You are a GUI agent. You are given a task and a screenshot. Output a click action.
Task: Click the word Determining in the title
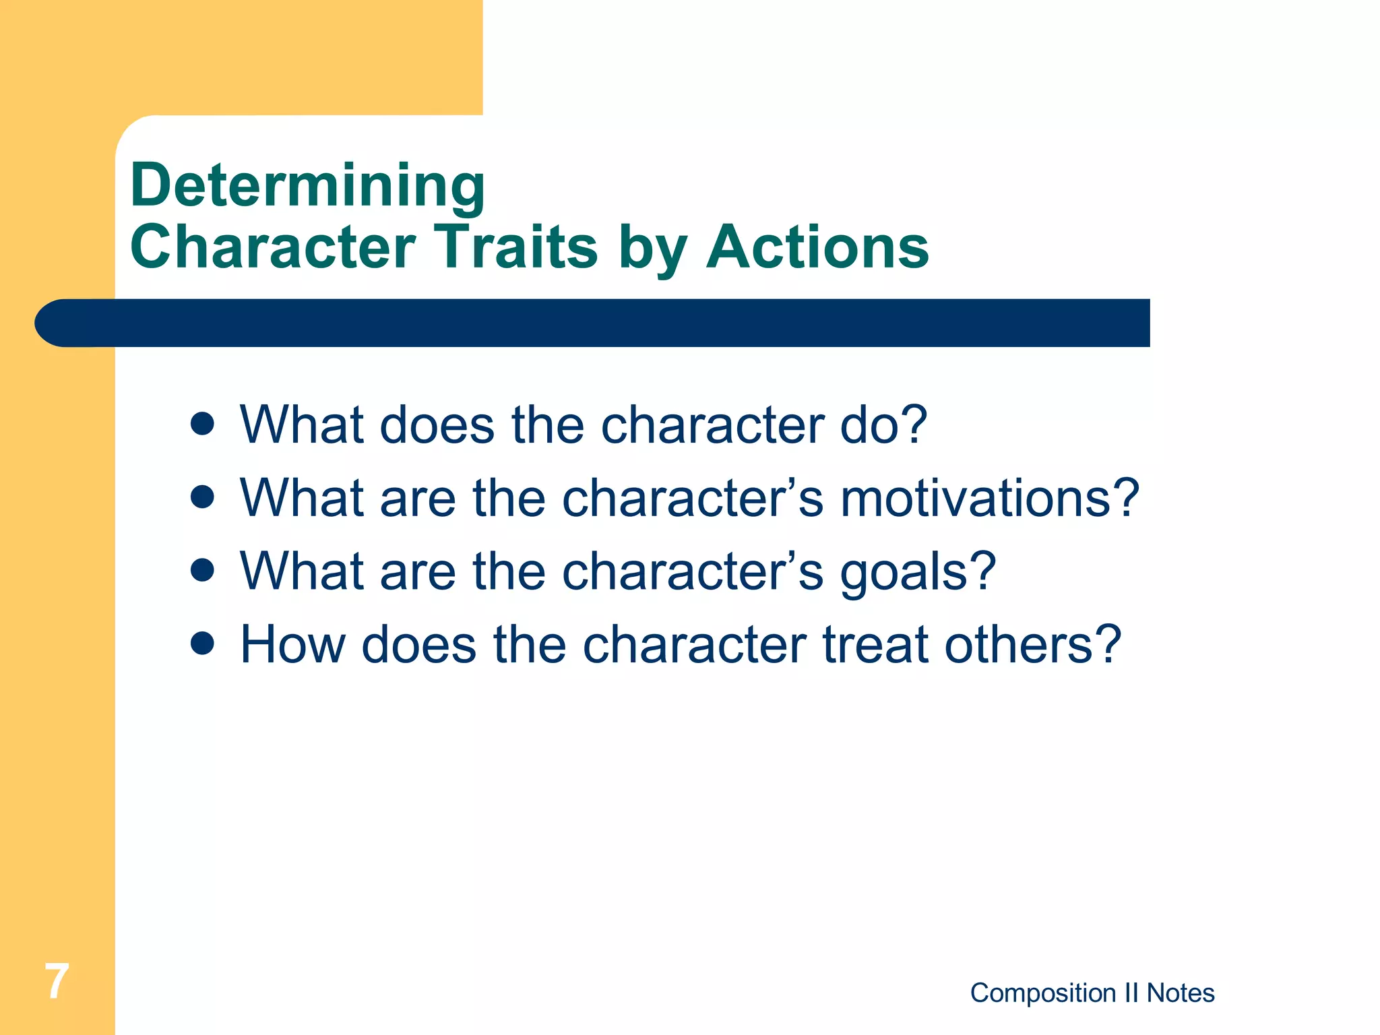tap(307, 185)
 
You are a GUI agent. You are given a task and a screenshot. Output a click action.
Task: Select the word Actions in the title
tap(817, 247)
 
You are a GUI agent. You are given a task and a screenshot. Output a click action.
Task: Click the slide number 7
tap(57, 981)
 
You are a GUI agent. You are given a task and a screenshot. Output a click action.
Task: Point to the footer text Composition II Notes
tap(1092, 993)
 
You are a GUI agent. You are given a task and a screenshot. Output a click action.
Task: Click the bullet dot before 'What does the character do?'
tap(202, 425)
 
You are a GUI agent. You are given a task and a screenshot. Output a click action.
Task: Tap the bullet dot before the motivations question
tap(202, 498)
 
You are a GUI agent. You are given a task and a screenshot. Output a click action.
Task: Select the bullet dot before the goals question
tap(202, 571)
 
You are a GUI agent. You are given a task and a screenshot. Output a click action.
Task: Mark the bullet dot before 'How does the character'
tap(202, 644)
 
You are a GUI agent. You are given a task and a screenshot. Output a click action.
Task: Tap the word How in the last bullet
tap(292, 645)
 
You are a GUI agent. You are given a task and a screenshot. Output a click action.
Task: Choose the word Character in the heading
tap(273, 247)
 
